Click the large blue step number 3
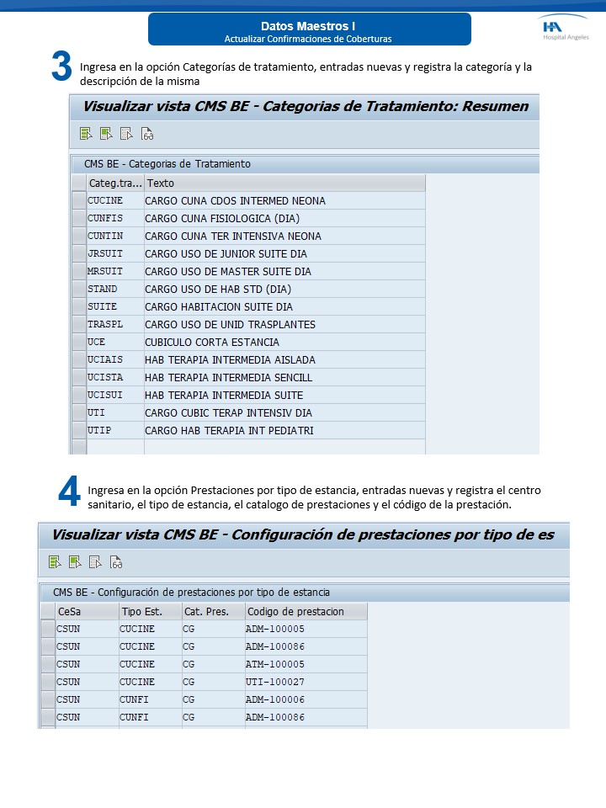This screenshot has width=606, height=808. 61,66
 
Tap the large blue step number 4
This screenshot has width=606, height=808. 69,492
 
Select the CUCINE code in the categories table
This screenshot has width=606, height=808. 105,200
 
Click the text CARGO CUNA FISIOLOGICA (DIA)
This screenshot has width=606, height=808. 222,218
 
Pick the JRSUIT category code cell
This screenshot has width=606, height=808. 105,253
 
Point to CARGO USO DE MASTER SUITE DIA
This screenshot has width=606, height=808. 228,271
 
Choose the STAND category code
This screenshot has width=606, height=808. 103,289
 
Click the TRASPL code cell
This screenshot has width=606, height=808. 105,324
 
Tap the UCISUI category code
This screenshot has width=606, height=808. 105,395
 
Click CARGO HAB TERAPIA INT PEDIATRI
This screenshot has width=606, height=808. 229,430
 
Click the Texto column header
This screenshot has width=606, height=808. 161,183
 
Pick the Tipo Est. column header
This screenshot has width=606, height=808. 141,611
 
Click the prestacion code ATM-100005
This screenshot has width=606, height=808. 275,664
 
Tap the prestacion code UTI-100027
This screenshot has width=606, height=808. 275,682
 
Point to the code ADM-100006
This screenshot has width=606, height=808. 275,699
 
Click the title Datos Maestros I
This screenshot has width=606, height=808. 308,26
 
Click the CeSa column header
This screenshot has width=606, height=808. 70,611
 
